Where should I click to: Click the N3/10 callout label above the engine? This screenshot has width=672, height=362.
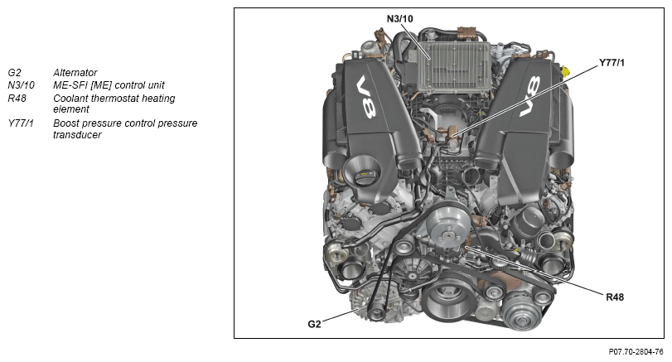pyautogui.click(x=400, y=19)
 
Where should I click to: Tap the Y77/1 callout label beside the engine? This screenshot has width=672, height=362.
pyautogui.click(x=612, y=63)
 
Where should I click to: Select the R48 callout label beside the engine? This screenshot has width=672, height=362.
pyautogui.click(x=615, y=297)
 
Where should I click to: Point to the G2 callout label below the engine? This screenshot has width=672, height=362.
pyautogui.click(x=314, y=324)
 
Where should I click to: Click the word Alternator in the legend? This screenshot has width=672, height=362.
pyautogui.click(x=75, y=72)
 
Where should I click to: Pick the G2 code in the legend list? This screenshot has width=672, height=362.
pyautogui.click(x=14, y=72)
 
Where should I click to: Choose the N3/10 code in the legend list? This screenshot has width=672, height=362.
pyautogui.click(x=21, y=85)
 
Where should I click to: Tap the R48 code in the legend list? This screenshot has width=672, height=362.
pyautogui.click(x=17, y=99)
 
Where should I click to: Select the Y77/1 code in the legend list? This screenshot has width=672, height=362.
pyautogui.click(x=21, y=123)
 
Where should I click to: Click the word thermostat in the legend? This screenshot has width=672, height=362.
pyautogui.click(x=112, y=99)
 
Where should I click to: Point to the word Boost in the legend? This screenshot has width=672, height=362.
pyautogui.click(x=65, y=123)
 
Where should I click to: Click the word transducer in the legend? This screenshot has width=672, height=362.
pyautogui.click(x=77, y=135)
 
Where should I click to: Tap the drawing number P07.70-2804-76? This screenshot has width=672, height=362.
pyautogui.click(x=636, y=352)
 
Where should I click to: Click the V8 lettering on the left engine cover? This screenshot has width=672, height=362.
pyautogui.click(x=366, y=97)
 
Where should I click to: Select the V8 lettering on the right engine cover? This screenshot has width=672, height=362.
pyautogui.click(x=530, y=96)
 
